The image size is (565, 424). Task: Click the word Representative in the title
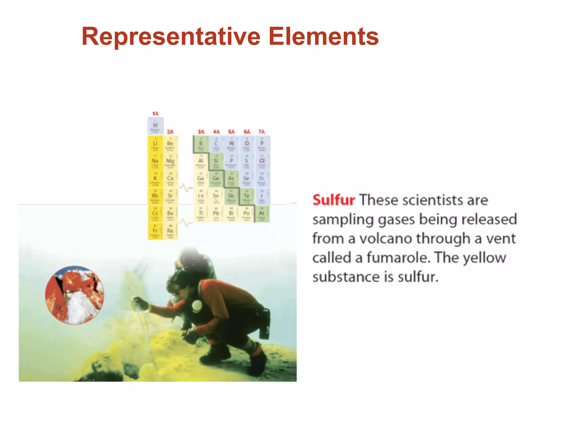[x=171, y=36]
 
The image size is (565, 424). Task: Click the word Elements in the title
[x=323, y=36]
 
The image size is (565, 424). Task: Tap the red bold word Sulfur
[x=334, y=200]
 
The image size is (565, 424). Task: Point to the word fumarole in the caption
[x=398, y=258]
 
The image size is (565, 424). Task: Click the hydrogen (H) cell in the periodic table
[x=155, y=126]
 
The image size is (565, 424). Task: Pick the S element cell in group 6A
[x=246, y=161]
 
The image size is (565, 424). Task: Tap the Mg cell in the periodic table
[x=170, y=161]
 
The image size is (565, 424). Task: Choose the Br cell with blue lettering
[x=262, y=179]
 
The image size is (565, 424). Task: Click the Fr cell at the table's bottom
[x=155, y=231]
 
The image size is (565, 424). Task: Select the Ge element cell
[x=216, y=179]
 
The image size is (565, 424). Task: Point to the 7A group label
[x=262, y=132]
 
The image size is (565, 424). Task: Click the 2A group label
[x=170, y=132]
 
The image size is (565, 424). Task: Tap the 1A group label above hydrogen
[x=155, y=114]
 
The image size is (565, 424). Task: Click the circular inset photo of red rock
[x=74, y=295]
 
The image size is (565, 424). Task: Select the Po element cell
[x=246, y=214]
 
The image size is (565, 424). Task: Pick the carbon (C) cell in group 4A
[x=216, y=144]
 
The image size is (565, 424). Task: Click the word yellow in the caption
[x=484, y=258]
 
